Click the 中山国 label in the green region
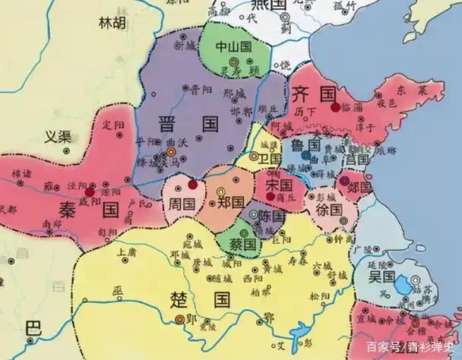pyautogui.click(x=234, y=46)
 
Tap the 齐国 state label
pyautogui.click(x=313, y=94)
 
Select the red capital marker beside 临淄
pyautogui.click(x=335, y=107)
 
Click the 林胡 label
pyautogui.click(x=112, y=23)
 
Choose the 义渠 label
pyautogui.click(x=55, y=137)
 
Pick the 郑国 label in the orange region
pyautogui.click(x=230, y=203)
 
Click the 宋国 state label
pyautogui.click(x=279, y=184)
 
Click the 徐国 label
pyautogui.click(x=329, y=207)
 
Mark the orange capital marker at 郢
pyautogui.click(x=180, y=320)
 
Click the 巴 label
pyautogui.click(x=31, y=329)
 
